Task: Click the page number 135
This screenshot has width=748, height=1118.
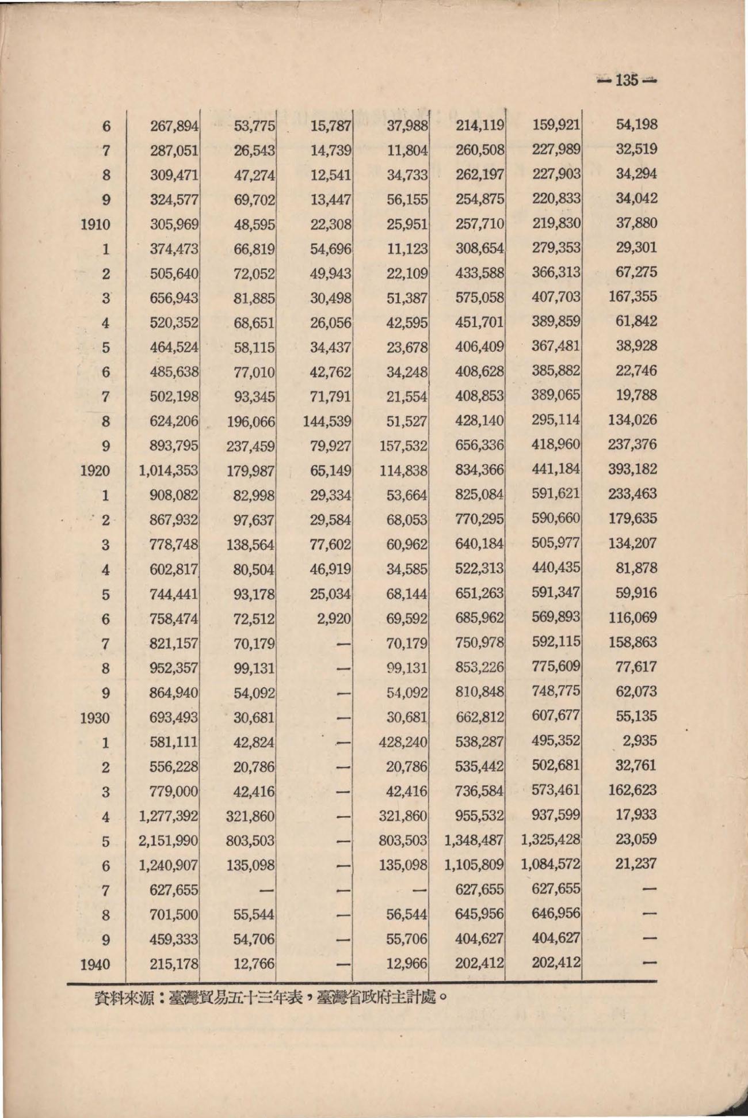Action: point(627,80)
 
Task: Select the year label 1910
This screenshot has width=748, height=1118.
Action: point(95,225)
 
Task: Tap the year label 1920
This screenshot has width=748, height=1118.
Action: point(95,471)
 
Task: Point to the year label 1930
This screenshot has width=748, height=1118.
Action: point(95,718)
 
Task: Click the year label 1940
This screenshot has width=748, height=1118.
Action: point(95,964)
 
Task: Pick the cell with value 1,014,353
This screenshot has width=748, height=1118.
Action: point(168,471)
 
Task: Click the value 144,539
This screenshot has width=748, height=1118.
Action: point(327,421)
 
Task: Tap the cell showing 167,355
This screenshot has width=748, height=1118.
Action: point(632,297)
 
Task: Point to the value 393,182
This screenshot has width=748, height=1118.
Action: point(632,470)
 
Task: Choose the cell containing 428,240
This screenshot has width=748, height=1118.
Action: point(403,742)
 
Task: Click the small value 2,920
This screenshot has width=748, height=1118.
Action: point(334,619)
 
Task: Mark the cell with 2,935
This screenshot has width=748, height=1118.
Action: point(639,741)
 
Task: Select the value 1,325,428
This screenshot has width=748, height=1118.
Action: point(551,840)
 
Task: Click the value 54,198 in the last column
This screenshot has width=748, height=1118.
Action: point(636,124)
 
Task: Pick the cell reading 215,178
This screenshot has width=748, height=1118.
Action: point(174,964)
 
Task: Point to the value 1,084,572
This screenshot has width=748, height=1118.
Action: point(551,865)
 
